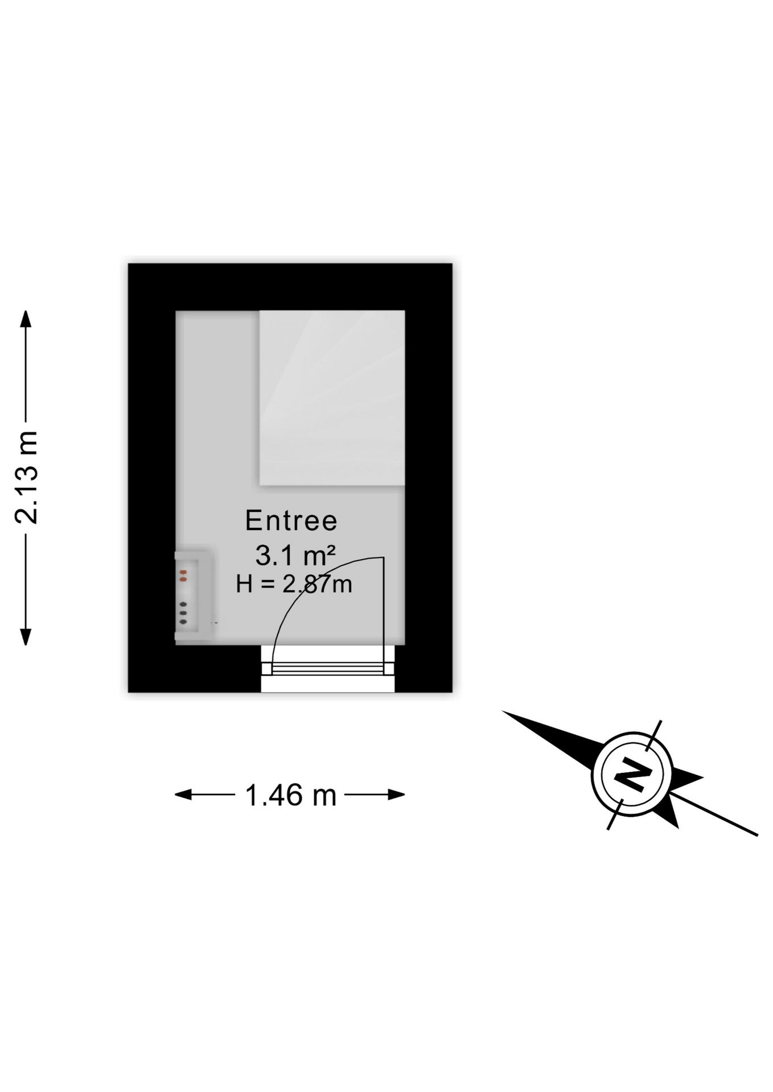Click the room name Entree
291,521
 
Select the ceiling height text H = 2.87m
294,584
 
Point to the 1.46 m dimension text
290,795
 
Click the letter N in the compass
632,774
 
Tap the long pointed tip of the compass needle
503,712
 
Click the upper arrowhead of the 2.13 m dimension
26,319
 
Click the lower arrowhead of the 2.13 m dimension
26,636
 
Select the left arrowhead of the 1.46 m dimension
183,795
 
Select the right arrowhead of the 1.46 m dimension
396,795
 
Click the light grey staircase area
332,398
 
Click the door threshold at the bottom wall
328,669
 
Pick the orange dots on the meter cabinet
183,576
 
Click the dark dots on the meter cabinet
183,613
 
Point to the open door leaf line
383,614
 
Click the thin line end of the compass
756,835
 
